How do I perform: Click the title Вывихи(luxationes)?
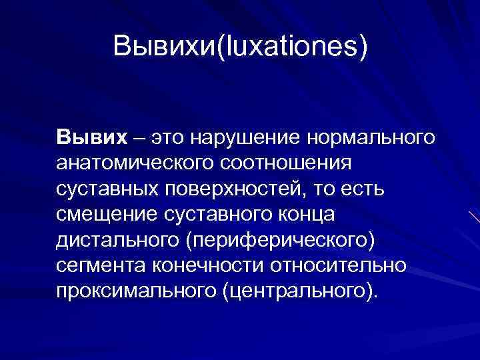(240, 47)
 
